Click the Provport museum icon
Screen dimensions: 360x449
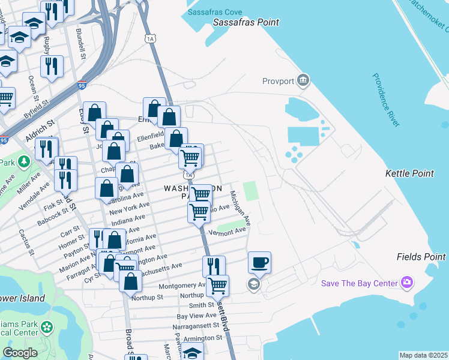tap(303, 80)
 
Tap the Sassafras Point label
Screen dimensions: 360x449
tap(247, 23)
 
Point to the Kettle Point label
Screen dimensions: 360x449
tap(409, 173)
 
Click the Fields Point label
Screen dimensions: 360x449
tap(421, 257)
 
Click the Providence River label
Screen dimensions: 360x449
tap(385, 100)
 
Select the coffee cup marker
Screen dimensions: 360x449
tap(259, 262)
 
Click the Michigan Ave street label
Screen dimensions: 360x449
tap(243, 209)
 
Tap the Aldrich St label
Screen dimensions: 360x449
tap(40, 129)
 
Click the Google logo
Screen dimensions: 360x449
tap(20, 353)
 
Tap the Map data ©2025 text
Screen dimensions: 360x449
tap(424, 355)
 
